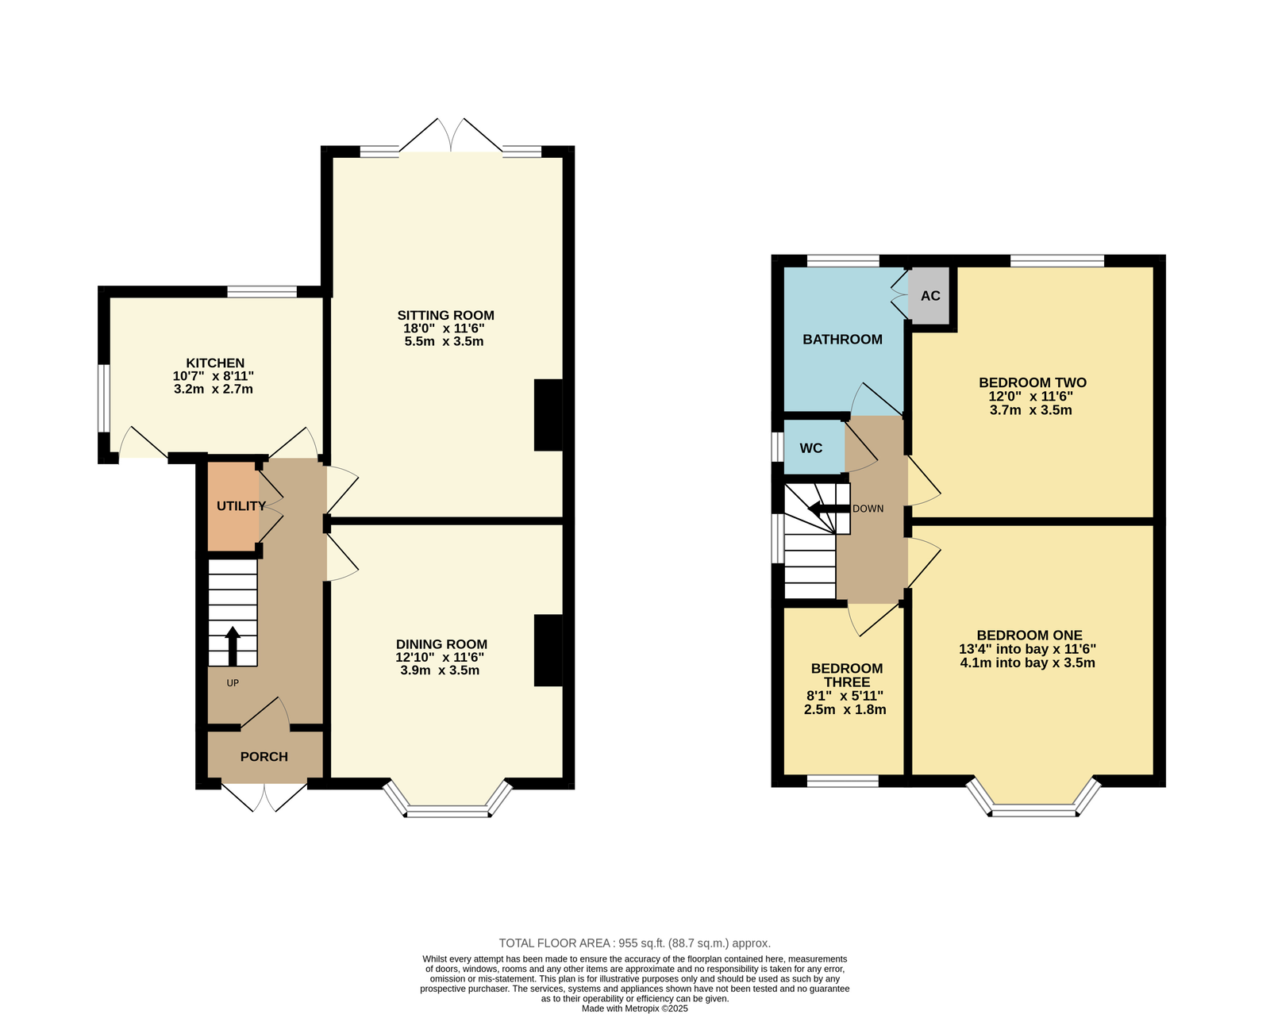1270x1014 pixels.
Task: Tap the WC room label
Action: click(x=810, y=447)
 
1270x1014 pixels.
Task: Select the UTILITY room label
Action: click(x=241, y=505)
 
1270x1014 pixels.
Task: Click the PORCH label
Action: click(x=264, y=756)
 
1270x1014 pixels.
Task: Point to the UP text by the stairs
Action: click(x=233, y=682)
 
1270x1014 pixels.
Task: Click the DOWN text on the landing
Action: click(x=868, y=509)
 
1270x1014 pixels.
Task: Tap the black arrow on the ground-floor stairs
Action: click(x=233, y=646)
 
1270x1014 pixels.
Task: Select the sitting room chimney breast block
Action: click(x=548, y=415)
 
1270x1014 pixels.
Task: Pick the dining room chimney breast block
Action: click(x=548, y=650)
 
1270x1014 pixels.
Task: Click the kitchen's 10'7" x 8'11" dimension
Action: click(x=213, y=376)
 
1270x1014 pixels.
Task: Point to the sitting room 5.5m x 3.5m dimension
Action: click(x=444, y=341)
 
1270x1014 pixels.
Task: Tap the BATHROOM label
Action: click(x=842, y=339)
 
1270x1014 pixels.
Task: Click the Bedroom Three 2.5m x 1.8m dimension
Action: click(x=845, y=709)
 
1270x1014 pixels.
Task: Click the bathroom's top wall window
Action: click(x=843, y=261)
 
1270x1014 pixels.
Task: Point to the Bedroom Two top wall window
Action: click(x=1056, y=261)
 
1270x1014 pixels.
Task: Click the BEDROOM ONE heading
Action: click(x=1029, y=635)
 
